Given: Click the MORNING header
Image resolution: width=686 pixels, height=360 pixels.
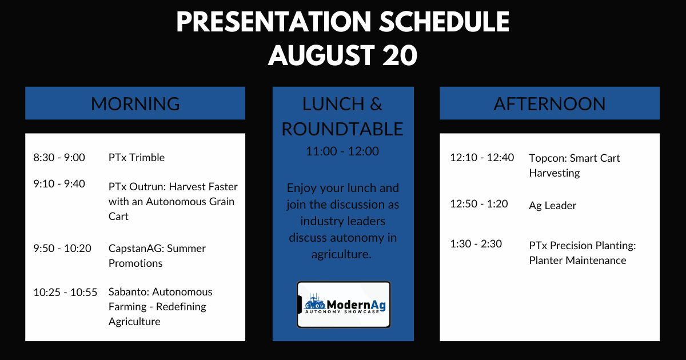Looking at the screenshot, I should [135, 103].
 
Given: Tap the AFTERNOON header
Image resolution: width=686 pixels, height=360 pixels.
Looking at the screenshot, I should [549, 103].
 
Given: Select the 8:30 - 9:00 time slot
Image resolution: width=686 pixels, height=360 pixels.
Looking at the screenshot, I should [59, 158].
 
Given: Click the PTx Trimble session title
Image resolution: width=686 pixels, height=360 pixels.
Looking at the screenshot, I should [137, 158].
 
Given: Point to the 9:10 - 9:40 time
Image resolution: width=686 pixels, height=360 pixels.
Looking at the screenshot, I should [59, 183].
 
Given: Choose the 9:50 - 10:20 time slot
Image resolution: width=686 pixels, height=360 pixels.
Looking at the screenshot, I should [62, 248].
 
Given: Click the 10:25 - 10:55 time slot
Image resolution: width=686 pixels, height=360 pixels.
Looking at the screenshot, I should [65, 292].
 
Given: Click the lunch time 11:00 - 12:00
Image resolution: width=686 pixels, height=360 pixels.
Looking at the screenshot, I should [342, 151].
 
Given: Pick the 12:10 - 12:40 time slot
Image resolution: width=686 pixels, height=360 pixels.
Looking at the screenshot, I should [482, 157].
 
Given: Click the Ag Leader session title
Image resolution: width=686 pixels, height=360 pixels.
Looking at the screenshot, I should [552, 206].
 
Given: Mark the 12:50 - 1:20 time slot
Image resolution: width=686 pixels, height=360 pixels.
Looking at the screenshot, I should [479, 203].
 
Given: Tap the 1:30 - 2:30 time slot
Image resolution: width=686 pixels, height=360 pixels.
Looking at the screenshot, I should [476, 243].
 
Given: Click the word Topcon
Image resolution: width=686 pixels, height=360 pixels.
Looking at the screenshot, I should [547, 158].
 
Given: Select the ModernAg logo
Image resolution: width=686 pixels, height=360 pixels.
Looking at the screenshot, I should [344, 305].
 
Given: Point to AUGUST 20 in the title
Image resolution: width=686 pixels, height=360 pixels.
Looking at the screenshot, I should [342, 55].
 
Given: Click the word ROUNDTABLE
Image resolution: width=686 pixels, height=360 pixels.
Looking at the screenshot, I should [342, 129].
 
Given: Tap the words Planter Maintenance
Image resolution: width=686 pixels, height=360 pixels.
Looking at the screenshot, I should [577, 261].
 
